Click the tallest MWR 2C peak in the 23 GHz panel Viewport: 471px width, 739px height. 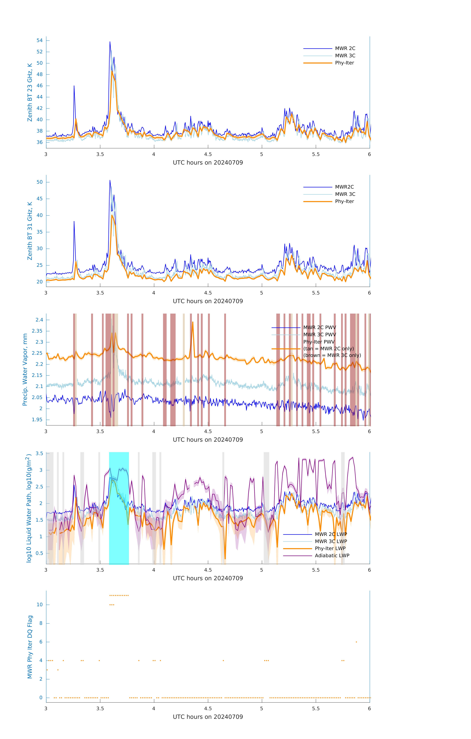tap(110, 42)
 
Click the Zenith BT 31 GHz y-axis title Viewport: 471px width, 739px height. tap(30, 231)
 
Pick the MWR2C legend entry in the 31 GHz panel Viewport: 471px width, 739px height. tap(344, 187)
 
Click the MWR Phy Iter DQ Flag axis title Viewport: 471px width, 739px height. tap(30, 647)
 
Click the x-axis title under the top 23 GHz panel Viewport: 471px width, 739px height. tap(208, 163)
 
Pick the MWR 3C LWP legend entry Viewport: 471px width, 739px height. tap(331, 541)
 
